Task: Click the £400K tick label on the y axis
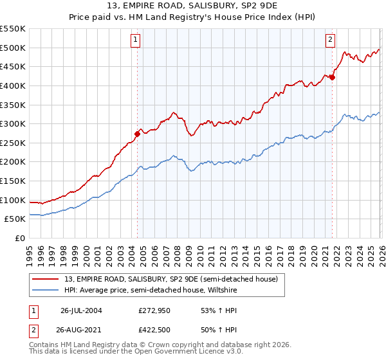(x=13, y=85)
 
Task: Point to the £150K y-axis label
(x=13, y=181)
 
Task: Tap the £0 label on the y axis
(x=19, y=238)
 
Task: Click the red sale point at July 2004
(x=137, y=134)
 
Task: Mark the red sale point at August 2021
(x=333, y=77)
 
